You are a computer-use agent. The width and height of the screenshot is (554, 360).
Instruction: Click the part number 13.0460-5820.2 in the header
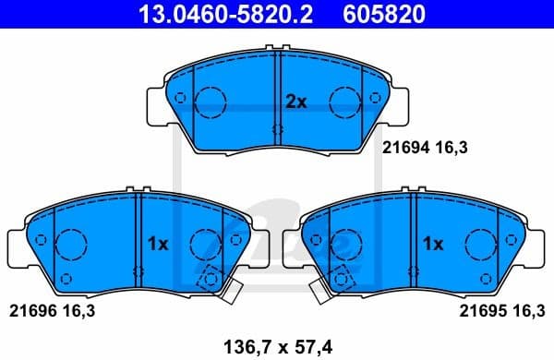pos(213,15)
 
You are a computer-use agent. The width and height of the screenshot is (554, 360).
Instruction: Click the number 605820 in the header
pos(372,15)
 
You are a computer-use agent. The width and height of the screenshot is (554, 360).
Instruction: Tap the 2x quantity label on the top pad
pos(295,102)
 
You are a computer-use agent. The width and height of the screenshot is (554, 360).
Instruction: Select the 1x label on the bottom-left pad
pos(157,245)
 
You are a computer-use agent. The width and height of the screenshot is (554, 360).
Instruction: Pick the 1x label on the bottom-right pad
pos(434,245)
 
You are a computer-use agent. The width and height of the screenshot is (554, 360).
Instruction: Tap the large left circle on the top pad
pos(212,100)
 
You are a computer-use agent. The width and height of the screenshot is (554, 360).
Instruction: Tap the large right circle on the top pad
pos(345,100)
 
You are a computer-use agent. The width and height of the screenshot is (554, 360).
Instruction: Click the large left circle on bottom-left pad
pos(71,244)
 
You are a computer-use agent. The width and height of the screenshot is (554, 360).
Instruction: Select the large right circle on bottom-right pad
pos(481,244)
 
